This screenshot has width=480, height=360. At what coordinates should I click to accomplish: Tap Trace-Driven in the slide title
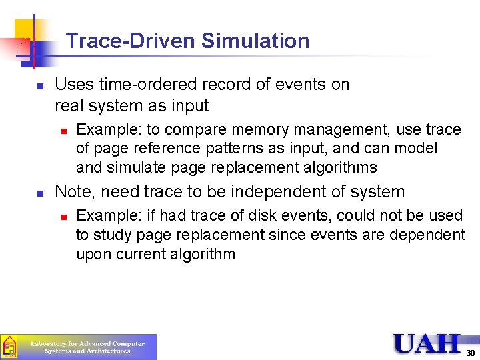(x=131, y=41)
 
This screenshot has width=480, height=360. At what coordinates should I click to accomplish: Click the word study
(x=111, y=235)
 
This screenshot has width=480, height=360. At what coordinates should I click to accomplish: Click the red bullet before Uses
(x=40, y=86)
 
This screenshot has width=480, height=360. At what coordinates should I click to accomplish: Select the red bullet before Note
(x=40, y=193)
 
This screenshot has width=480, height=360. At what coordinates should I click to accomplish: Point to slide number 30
(x=470, y=352)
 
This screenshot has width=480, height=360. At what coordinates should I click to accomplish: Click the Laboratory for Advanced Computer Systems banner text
(x=87, y=347)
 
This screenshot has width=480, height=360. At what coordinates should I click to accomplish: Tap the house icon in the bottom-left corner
(x=9, y=347)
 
